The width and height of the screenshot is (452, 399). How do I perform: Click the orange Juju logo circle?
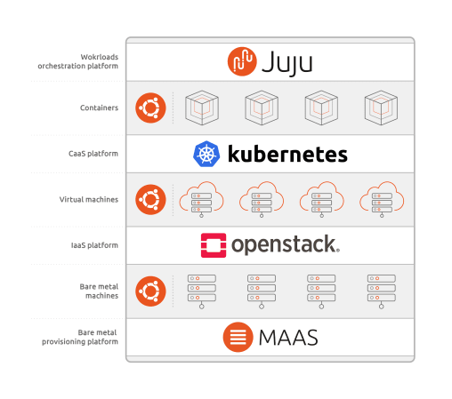(x=242, y=61)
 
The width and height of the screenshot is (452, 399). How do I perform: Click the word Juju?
(x=287, y=63)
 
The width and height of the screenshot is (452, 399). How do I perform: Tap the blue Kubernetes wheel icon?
(x=206, y=154)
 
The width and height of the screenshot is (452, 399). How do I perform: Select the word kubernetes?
(x=287, y=154)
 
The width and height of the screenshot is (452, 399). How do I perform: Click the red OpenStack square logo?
(x=214, y=245)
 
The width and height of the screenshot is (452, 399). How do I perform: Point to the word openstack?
(x=286, y=245)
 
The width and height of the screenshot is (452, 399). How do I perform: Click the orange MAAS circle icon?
(x=238, y=337)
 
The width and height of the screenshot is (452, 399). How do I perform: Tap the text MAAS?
(x=288, y=338)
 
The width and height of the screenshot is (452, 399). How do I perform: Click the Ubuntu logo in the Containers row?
(x=150, y=108)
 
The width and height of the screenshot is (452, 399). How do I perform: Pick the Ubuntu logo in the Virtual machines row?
(x=150, y=200)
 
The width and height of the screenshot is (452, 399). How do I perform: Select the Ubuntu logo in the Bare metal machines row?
(x=150, y=291)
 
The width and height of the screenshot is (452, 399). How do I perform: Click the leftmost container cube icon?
(x=202, y=108)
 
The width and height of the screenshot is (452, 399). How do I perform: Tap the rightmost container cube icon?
(x=381, y=108)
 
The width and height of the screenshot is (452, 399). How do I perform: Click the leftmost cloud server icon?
(x=201, y=200)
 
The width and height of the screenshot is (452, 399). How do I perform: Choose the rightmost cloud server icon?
(x=382, y=200)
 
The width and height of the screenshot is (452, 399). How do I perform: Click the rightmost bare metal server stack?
(x=382, y=291)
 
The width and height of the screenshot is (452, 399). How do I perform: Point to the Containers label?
(x=99, y=108)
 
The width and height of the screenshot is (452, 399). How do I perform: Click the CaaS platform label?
(x=93, y=154)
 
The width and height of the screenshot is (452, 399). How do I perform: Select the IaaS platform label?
(x=94, y=245)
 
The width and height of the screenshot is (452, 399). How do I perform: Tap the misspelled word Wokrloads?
(x=100, y=57)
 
